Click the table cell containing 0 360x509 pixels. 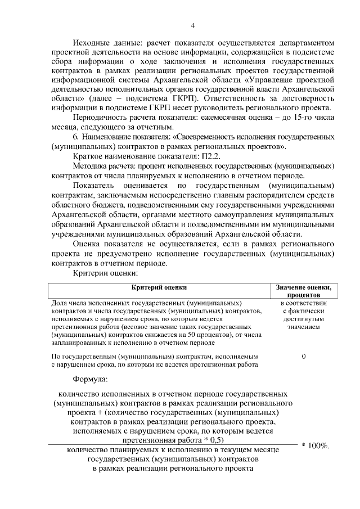coord(303,357)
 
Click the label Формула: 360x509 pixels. coord(92,379)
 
